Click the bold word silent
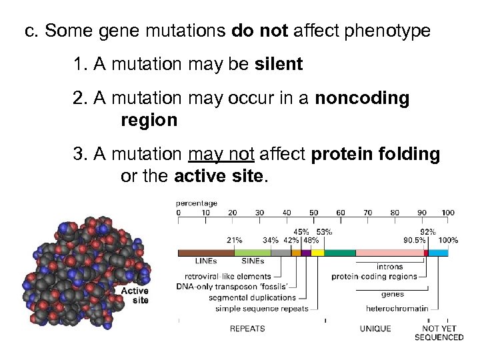pos(279,65)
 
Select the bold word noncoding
pos(362,99)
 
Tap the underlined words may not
pos(221,155)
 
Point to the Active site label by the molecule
pos(135,295)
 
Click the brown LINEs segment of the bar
pos(205,253)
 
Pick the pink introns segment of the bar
pos(389,253)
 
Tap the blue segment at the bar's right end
pos(438,253)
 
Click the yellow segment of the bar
pos(317,253)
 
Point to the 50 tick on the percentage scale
pos(313,213)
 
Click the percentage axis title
pos(197,203)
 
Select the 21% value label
pos(234,240)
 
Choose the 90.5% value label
pos(415,240)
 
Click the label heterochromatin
pos(397,309)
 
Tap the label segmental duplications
pos(255,297)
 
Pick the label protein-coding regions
pos(377,276)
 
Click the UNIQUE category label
pos(376,328)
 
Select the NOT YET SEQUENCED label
pos(439,333)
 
